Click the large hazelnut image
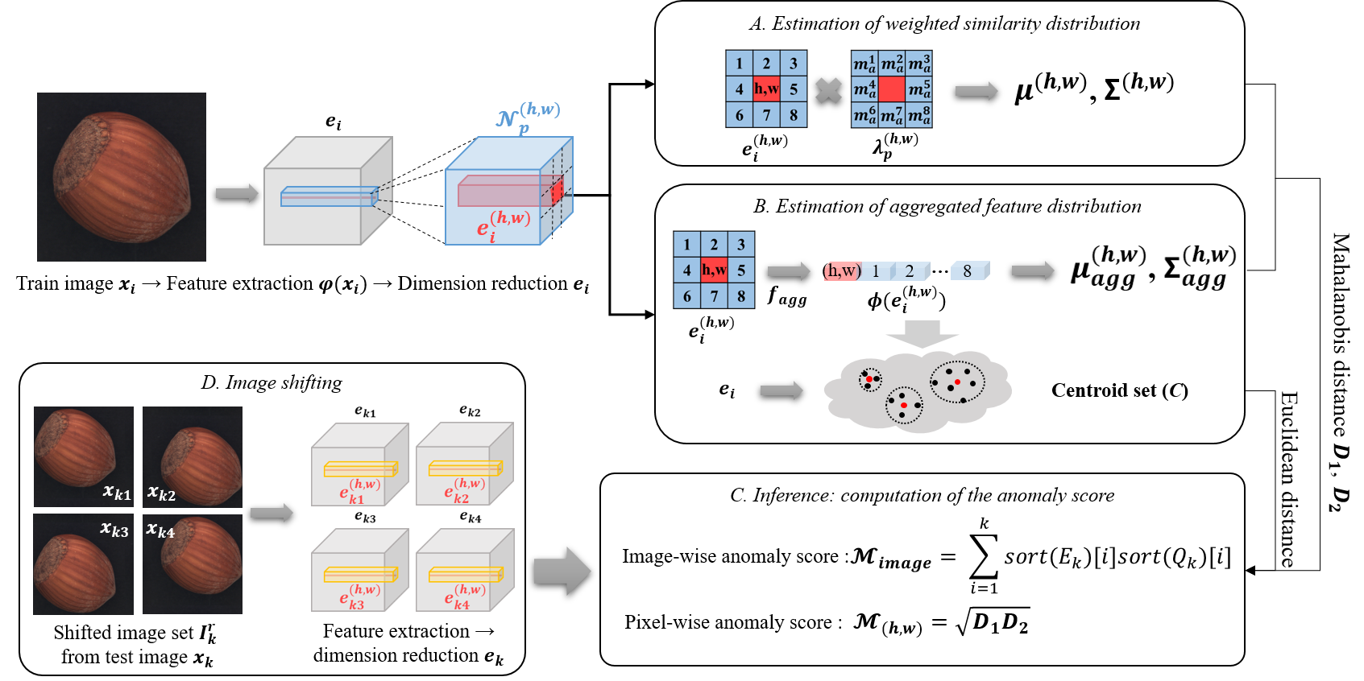(x=122, y=177)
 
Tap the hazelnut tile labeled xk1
(x=83, y=456)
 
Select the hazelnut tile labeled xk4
(x=193, y=564)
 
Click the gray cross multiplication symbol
(x=828, y=90)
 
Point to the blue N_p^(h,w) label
(x=528, y=118)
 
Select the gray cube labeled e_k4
(x=464, y=571)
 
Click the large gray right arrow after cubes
(x=562, y=571)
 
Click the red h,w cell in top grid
(x=766, y=89)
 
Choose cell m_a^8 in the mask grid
(x=919, y=115)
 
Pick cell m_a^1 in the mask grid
(x=864, y=63)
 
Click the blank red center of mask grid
(x=892, y=89)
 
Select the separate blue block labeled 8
(x=969, y=270)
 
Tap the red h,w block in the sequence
(x=843, y=270)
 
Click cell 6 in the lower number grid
(x=687, y=296)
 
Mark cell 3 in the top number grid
(x=794, y=63)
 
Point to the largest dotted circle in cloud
(x=957, y=382)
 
